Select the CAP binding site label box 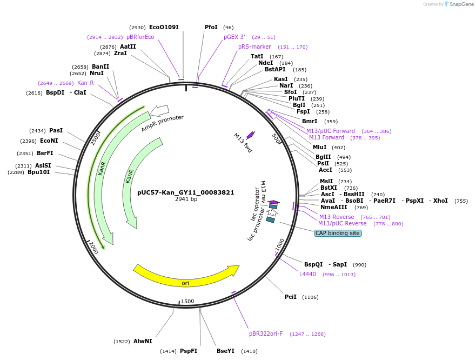click(x=338, y=233)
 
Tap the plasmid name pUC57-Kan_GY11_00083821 click(x=186, y=192)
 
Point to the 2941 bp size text click(x=186, y=199)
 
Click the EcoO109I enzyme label click(x=164, y=27)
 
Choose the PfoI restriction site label click(x=211, y=27)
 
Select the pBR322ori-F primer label click(x=266, y=334)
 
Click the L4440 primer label click(x=307, y=274)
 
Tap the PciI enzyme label click(x=291, y=297)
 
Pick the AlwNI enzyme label click(x=143, y=341)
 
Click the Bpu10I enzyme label click(x=39, y=172)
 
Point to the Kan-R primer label click(x=85, y=83)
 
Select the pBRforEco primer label click(x=140, y=37)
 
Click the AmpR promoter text click(x=163, y=124)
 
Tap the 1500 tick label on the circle click(x=187, y=301)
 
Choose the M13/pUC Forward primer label click(x=331, y=131)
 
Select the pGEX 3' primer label click(x=234, y=37)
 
